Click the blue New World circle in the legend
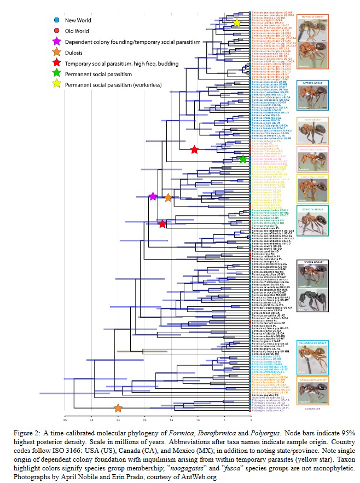click(x=56, y=20)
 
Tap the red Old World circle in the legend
click(x=56, y=31)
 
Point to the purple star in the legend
click(x=56, y=42)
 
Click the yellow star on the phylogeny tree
click(x=236, y=23)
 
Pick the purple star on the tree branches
click(x=153, y=197)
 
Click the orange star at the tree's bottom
click(x=118, y=408)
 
